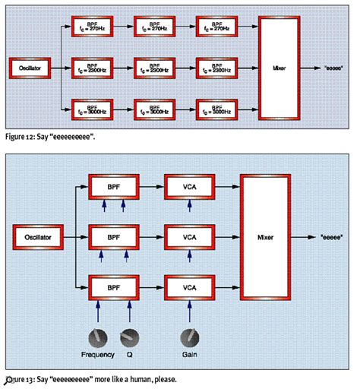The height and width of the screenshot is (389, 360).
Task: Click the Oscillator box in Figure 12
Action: pyautogui.click(x=30, y=68)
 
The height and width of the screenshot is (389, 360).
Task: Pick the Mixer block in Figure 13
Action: pyautogui.click(x=267, y=238)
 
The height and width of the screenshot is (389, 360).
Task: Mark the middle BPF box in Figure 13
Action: pyautogui.click(x=114, y=238)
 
